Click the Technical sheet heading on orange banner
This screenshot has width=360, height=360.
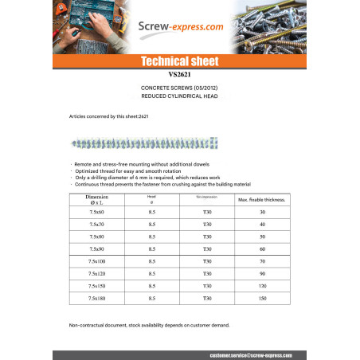click(x=179, y=61)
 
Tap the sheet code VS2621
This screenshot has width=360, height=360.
click(x=179, y=75)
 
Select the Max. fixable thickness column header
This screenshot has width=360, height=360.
click(x=262, y=201)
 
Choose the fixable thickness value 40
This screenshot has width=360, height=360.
click(x=262, y=225)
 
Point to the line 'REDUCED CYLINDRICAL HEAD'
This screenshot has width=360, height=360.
click(x=179, y=96)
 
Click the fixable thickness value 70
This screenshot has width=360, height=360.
click(x=262, y=260)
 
